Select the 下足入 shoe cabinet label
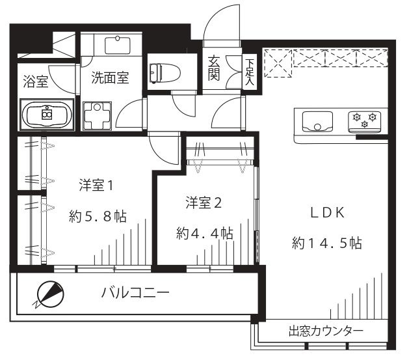pos(250,70)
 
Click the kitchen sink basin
pos(317,121)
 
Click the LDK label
pos(326,213)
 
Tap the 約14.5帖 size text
pos(326,244)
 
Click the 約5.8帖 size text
pos(98,216)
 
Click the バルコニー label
pos(135,294)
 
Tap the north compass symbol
pos(48,294)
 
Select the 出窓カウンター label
pos(326,331)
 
